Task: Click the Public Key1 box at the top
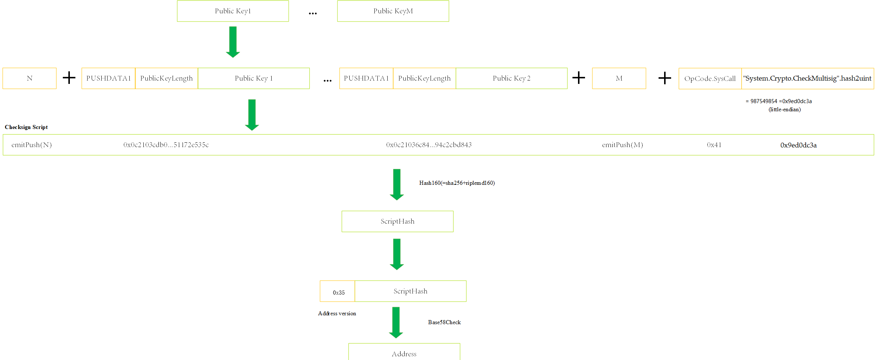tap(233, 11)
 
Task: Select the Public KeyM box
tap(393, 11)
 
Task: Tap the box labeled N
tap(30, 78)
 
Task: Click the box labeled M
tap(619, 78)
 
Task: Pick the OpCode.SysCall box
tap(710, 79)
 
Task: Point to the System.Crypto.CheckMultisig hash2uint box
tap(807, 79)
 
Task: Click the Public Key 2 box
tap(511, 78)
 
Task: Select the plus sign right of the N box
tap(69, 78)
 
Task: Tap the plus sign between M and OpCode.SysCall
tap(665, 78)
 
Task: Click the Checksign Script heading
tap(26, 127)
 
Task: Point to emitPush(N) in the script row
tap(32, 145)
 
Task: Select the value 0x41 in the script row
tap(714, 145)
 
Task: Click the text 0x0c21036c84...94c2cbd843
tap(429, 145)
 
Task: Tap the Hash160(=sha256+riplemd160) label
tap(457, 183)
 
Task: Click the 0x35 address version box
tap(337, 291)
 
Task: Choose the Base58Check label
tap(444, 322)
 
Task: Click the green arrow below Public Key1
tap(233, 42)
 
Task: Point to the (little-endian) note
tap(785, 109)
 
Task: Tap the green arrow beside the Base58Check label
tap(396, 323)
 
